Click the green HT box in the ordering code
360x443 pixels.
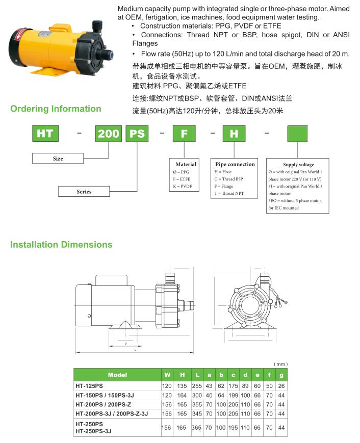[45, 134]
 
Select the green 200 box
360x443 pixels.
[108, 134]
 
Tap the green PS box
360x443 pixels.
[136, 134]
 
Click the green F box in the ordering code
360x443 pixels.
[184, 134]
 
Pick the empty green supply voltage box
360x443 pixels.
[298, 134]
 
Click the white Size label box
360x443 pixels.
[58, 159]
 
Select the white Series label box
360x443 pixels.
[84, 192]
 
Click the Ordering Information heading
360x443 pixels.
[56, 109]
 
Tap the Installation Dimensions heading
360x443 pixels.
[61, 245]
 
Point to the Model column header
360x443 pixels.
[117, 375]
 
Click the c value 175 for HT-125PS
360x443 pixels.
[233, 386]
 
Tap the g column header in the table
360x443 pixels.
[281, 375]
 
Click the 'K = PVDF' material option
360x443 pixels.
[183, 187]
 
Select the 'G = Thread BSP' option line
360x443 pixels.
[229, 179]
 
